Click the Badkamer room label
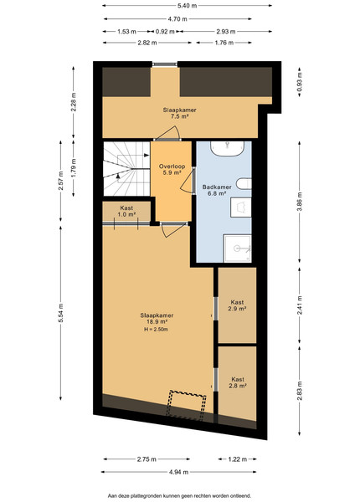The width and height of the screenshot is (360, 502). [x=217, y=187]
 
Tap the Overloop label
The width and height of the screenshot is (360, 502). [x=172, y=166]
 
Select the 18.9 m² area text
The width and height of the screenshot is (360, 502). [x=157, y=322]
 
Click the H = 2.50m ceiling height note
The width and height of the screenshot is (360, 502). [x=157, y=329]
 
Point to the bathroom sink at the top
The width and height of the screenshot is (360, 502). [x=227, y=149]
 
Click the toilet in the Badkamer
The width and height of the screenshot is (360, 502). [x=244, y=184]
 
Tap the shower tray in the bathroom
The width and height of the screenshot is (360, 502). [x=237, y=248]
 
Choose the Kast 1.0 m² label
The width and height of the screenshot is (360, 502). [x=126, y=212]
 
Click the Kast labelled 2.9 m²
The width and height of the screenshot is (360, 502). [x=237, y=305]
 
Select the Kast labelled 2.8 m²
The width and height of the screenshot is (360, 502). [x=237, y=382]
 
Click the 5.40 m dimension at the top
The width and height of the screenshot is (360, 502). [x=187, y=6]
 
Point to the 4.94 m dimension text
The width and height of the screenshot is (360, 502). [x=178, y=472]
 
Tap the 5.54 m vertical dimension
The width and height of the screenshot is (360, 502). [x=61, y=313]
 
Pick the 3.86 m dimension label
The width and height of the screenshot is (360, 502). [x=300, y=202]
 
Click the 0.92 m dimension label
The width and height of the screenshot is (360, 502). [x=165, y=32]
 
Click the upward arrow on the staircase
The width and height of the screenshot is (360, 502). [x=118, y=176]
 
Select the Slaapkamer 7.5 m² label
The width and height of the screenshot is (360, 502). [x=179, y=113]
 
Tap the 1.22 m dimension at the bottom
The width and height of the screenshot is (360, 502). [x=237, y=459]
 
